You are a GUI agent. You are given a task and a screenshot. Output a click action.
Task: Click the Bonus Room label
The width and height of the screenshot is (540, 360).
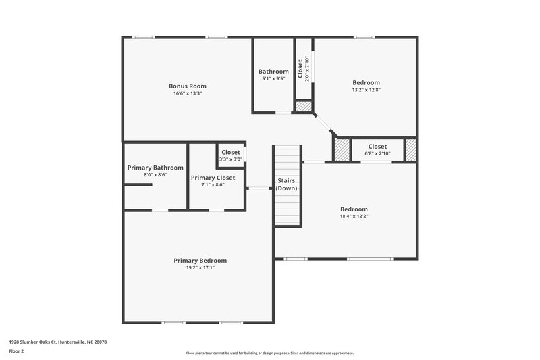coord(187,86)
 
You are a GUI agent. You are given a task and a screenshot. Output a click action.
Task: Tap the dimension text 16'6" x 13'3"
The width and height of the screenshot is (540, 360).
coord(187,93)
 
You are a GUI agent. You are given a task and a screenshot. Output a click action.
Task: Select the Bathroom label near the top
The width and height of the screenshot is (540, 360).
coord(273,71)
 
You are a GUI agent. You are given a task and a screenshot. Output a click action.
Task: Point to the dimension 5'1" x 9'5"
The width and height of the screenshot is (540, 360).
coord(273,78)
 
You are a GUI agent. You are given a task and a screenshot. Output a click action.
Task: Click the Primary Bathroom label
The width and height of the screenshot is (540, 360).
coord(155,167)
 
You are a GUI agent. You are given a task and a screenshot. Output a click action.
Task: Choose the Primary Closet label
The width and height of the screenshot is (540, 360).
coord(213,177)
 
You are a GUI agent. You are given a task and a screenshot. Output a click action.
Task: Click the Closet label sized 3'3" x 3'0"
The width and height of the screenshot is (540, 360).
coord(231,152)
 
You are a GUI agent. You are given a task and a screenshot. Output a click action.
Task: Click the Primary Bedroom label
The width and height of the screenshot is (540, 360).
coord(200,260)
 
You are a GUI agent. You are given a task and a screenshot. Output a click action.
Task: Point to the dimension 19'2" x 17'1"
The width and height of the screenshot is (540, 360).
coord(200,267)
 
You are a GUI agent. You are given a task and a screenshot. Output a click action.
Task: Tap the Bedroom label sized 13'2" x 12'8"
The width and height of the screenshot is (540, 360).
coord(365,82)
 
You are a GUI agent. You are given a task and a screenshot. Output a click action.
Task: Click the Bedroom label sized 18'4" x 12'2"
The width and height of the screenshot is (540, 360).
coord(354,209)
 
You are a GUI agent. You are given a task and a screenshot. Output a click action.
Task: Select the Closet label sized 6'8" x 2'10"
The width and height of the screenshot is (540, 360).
coord(377,146)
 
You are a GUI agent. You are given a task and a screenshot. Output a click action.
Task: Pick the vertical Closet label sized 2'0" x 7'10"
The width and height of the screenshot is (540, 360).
coord(300,68)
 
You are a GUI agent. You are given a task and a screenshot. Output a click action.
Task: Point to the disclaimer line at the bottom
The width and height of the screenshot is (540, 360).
coord(269,353)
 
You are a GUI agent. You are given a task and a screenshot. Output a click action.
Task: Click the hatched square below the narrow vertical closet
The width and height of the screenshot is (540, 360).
coord(304,107)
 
